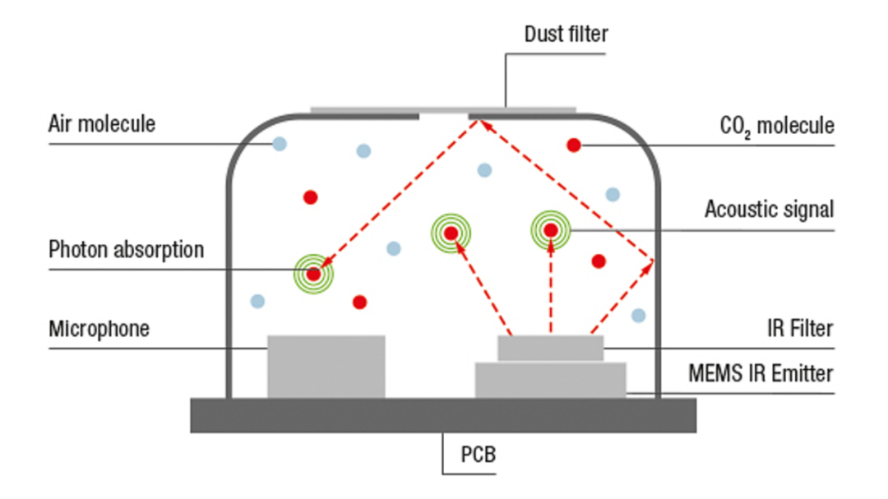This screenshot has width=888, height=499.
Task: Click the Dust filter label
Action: [566, 35]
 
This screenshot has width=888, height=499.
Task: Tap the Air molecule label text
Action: [101, 124]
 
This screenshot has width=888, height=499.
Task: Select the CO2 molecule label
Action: [776, 126]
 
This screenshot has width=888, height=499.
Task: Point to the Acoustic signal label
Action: [768, 210]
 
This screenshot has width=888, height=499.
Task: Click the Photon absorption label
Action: [126, 249]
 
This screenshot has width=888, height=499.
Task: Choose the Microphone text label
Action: [99, 329]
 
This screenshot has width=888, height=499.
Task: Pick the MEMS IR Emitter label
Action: [761, 374]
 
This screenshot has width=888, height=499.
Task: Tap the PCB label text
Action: [477, 453]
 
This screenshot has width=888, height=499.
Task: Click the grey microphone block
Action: [326, 366]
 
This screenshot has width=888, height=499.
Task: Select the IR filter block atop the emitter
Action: [550, 348]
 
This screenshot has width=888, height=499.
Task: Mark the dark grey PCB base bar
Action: [443, 415]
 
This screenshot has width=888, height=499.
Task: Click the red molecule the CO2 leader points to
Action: [574, 146]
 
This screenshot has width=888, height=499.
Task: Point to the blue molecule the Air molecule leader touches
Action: [280, 144]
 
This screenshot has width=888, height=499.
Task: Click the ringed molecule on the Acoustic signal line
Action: [550, 230]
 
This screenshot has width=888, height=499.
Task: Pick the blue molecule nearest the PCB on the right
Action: [638, 315]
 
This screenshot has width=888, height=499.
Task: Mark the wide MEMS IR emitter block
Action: [550, 381]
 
